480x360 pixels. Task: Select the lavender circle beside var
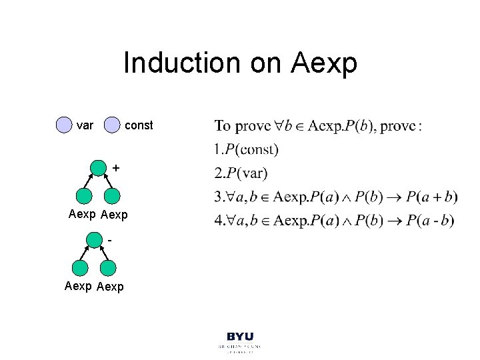point(64,125)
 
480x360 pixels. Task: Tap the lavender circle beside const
point(113,125)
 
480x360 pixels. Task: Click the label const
point(139,125)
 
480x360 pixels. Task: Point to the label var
point(85,125)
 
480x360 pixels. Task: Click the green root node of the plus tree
point(98,168)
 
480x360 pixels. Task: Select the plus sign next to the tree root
point(117,169)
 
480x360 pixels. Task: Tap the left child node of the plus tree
point(84,195)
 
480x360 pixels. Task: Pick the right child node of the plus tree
point(112,195)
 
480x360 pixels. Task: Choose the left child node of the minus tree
point(80,268)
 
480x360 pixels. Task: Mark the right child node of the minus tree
point(108,268)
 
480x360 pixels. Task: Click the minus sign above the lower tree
point(109,238)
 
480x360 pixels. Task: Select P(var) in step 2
point(247,173)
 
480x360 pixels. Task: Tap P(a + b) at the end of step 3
point(431,197)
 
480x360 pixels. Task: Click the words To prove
point(242,126)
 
